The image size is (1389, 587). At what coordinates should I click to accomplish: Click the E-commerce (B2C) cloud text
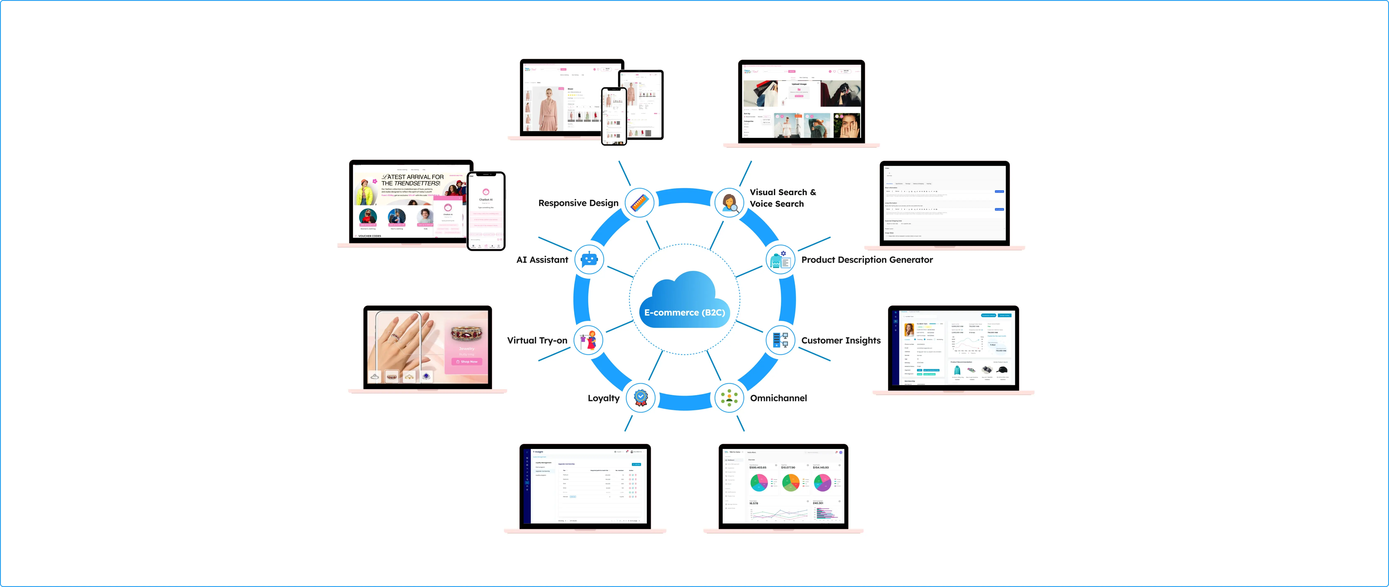[684, 313]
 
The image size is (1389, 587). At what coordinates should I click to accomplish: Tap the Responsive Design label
[578, 203]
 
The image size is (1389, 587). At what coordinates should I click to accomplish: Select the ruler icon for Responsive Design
[640, 203]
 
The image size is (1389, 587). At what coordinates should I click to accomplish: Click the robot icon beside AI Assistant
[589, 260]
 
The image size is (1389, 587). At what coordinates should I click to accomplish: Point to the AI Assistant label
[542, 260]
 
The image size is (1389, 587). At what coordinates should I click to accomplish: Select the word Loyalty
[603, 398]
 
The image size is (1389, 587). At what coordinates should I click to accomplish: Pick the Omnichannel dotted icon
[729, 398]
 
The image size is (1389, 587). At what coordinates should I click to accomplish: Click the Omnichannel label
[778, 398]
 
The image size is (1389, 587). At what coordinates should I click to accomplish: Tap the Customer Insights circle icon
[780, 340]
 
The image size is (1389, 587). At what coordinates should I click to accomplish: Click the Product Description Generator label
[866, 260]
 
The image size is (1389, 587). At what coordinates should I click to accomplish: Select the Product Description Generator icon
[780, 260]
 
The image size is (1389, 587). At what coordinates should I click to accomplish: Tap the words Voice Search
[777, 204]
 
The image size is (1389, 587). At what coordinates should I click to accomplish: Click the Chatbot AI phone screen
[486, 210]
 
